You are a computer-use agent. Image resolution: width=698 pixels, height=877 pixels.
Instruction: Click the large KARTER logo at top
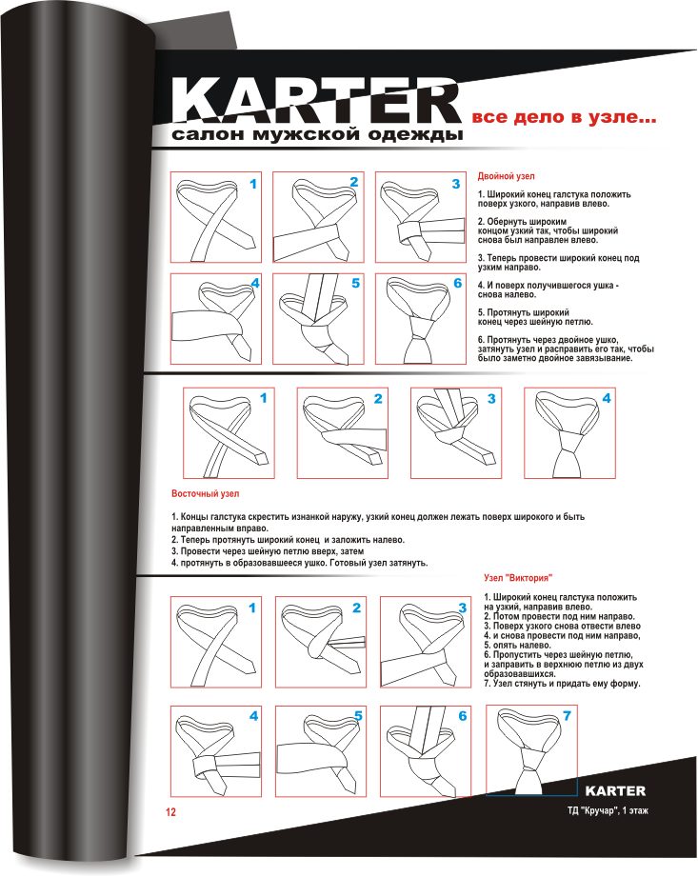click(x=315, y=101)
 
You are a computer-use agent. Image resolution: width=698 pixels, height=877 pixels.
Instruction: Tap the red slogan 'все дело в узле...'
click(x=564, y=117)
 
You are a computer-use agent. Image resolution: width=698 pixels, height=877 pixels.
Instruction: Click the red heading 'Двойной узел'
click(x=506, y=176)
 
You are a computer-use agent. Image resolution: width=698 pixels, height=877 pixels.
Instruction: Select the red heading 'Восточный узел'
click(x=206, y=494)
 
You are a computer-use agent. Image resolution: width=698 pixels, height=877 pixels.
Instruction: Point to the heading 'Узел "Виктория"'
click(x=518, y=578)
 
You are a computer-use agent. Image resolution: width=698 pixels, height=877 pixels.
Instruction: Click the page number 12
click(x=170, y=812)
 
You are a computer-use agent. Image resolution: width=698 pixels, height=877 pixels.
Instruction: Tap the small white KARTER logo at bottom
click(x=615, y=791)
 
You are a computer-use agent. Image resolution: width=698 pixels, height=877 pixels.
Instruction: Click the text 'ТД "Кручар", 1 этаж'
click(x=608, y=810)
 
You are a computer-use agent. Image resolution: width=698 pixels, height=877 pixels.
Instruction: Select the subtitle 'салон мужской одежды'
click(x=317, y=135)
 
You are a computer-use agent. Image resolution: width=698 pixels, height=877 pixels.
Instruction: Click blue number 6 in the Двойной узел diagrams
click(x=457, y=284)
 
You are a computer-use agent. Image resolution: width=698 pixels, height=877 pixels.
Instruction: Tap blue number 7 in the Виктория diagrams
click(x=567, y=716)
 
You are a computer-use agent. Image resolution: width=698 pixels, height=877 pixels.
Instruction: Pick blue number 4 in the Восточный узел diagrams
click(x=607, y=398)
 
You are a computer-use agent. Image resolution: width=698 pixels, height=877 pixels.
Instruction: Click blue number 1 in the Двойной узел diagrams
click(x=253, y=184)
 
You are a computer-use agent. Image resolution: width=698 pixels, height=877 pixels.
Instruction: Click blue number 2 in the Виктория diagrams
click(x=356, y=608)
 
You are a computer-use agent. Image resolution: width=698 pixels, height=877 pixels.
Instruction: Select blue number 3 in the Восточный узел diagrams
click(x=491, y=399)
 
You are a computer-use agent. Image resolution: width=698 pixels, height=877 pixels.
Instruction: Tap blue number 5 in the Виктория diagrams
click(x=358, y=716)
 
